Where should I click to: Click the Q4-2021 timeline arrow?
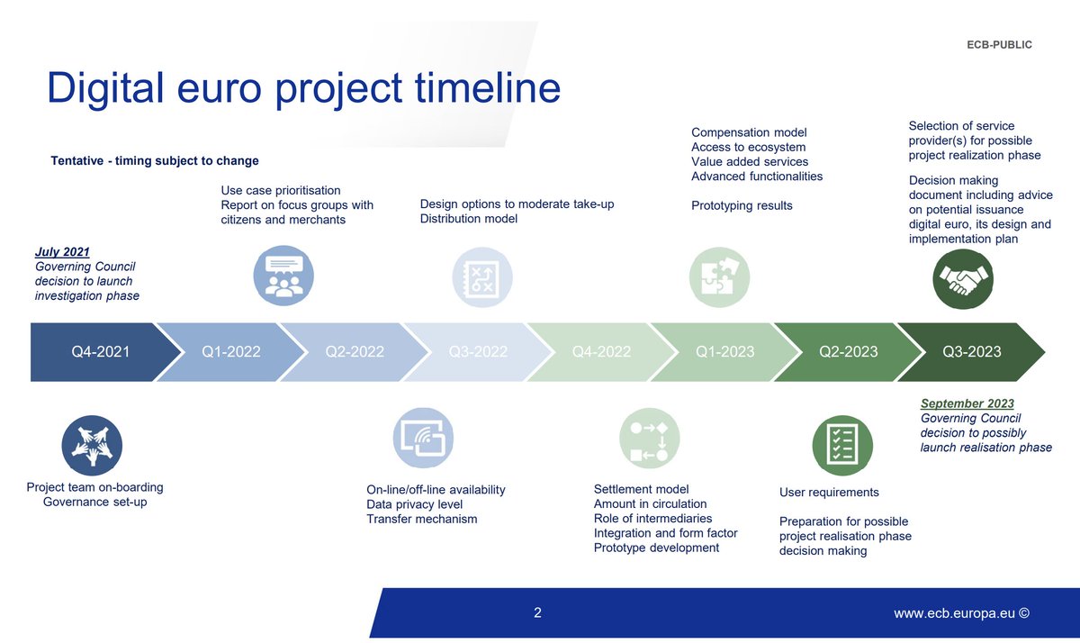click(x=99, y=351)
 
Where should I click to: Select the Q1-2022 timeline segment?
click(x=231, y=351)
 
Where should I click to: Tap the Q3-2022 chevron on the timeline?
click(x=478, y=351)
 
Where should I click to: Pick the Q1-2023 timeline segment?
click(x=724, y=351)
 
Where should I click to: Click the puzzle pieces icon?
click(x=719, y=278)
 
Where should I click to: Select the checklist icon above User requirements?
click(x=842, y=445)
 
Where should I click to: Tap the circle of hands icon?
click(x=92, y=445)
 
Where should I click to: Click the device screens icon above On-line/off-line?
click(x=423, y=439)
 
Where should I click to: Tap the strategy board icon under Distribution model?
click(x=481, y=278)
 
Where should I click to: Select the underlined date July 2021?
click(x=62, y=252)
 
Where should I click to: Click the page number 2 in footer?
click(x=537, y=613)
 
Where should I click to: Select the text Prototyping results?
click(x=742, y=205)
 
